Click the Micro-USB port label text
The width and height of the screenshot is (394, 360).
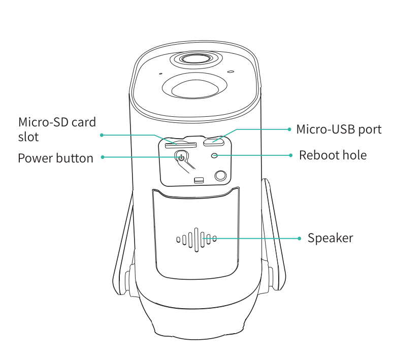pos(339,129)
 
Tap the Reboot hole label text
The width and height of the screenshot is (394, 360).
pos(333,155)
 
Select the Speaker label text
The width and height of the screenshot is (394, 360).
pos(330,238)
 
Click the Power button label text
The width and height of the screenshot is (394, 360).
pos(55,158)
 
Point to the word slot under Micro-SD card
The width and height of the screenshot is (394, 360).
pos(28,137)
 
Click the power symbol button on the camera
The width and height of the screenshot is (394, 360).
pos(181,157)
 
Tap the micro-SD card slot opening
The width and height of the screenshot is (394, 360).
pos(180,145)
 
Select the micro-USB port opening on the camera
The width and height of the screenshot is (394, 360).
pos(214,143)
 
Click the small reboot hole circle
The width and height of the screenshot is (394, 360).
pos(214,155)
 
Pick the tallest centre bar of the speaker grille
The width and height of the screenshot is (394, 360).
pos(196,240)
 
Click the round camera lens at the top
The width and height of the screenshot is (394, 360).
pos(196,59)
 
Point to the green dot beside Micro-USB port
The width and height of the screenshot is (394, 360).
pos(289,129)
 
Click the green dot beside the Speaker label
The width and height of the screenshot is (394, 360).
pos(299,239)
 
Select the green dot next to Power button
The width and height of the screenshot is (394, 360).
pos(103,157)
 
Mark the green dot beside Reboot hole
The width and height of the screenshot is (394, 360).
pos(291,155)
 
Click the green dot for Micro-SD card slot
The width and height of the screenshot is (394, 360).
pos(102,135)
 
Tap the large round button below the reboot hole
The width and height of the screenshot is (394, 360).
pos(221,175)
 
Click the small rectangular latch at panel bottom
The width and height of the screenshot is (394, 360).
pos(199,180)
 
